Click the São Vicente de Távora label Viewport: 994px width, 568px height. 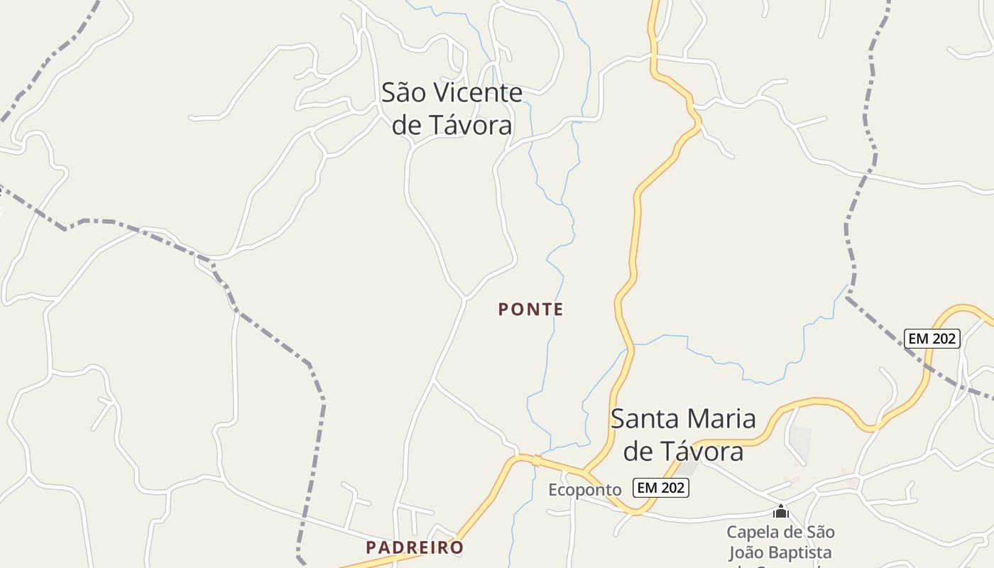[x=452, y=109]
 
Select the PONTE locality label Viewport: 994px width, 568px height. [x=530, y=310]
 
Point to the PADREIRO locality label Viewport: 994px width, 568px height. [x=415, y=547]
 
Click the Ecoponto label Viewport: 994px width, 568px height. [x=584, y=490]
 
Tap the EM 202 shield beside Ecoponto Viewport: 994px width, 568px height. [x=662, y=488]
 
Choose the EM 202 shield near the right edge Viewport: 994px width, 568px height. [x=932, y=339]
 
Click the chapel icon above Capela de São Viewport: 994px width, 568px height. [x=780, y=511]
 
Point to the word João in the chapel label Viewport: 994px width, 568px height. [x=745, y=552]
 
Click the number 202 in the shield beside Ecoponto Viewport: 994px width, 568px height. [x=671, y=488]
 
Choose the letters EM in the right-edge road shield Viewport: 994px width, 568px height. [x=919, y=339]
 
